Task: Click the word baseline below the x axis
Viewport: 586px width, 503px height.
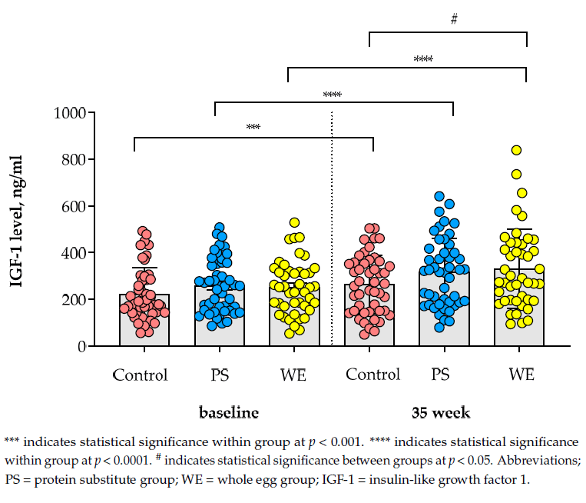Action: [x=229, y=412]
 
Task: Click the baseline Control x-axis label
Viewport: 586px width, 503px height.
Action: [x=140, y=375]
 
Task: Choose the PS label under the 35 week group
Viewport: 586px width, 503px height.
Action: [x=439, y=375]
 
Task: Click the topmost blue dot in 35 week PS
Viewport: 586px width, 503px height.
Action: [x=439, y=197]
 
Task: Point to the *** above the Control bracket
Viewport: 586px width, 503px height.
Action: [x=253, y=128]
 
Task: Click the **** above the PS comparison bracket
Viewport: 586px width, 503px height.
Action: [x=332, y=95]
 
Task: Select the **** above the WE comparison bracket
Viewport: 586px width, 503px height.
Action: [x=423, y=59]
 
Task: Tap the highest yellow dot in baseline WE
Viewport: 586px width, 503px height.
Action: [x=293, y=223]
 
